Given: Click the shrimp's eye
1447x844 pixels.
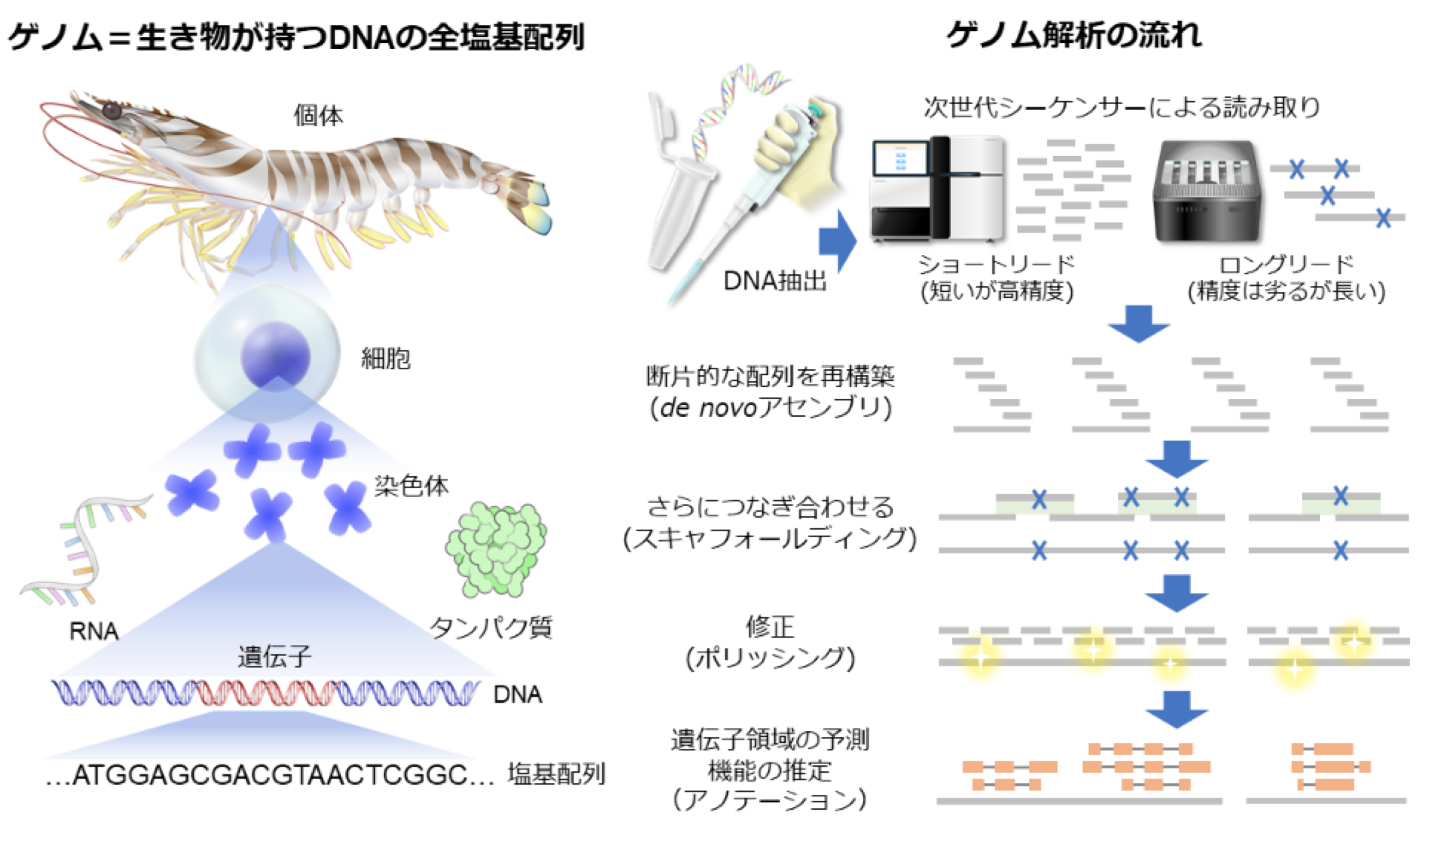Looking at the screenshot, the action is click(111, 111).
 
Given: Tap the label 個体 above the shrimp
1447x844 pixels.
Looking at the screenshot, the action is click(318, 116).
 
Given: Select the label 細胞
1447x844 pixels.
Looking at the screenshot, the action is click(386, 359).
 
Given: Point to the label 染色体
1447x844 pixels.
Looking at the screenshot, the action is click(412, 486).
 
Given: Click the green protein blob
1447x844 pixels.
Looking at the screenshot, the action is click(496, 550).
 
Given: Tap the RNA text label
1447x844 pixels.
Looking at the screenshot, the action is click(94, 632).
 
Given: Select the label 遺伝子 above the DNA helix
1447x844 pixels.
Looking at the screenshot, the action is click(274, 657).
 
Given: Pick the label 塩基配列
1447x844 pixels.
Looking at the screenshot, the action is click(556, 775).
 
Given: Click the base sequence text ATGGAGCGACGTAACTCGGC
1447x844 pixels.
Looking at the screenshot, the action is click(270, 776).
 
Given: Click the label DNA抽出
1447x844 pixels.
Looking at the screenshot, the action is click(775, 281).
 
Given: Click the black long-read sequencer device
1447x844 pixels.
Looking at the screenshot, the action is click(1207, 192).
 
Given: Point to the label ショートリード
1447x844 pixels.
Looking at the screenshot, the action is click(996, 264).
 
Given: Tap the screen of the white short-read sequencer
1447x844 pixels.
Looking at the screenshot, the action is click(900, 159).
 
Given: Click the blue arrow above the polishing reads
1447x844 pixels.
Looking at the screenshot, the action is click(1177, 593).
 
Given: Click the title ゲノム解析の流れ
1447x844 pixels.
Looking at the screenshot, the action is click(1073, 34).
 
